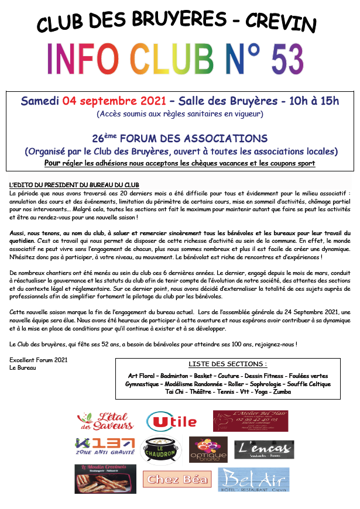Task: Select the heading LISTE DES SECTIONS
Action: pyautogui.click(x=228, y=363)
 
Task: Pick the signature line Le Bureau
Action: pyautogui.click(x=22, y=368)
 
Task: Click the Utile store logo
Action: pyautogui.click(x=172, y=421)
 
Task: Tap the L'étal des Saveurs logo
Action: pyautogui.click(x=106, y=421)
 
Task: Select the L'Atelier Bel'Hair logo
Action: pyautogui.click(x=251, y=421)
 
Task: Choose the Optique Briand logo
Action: pyautogui.click(x=208, y=449)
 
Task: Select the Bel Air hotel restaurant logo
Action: pyautogui.click(x=253, y=480)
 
